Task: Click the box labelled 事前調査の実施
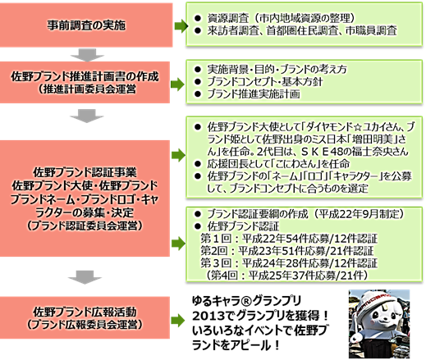tap(86, 25)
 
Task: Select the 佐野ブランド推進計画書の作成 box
tap(85, 82)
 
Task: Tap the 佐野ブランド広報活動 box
tap(85, 317)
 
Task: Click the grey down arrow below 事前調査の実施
tap(87, 55)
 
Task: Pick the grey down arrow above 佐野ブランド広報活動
tap(85, 277)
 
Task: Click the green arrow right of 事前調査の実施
tap(181, 26)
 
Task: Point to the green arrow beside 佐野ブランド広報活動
tap(178, 320)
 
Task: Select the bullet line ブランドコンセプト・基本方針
tap(259, 81)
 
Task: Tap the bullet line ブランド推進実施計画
tap(247, 93)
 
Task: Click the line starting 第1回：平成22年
tap(289, 239)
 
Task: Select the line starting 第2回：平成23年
tap(287, 251)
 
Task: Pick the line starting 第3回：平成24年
tap(289, 263)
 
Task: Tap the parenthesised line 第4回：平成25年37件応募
tap(286, 276)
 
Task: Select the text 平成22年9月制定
tap(358, 214)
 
